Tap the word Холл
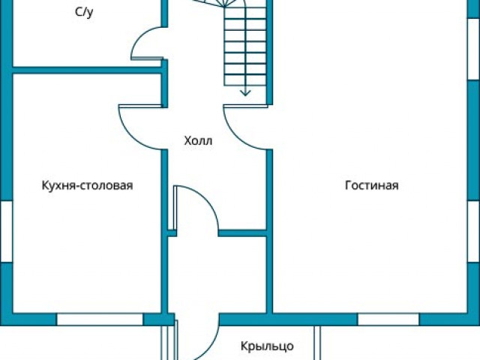pyautogui.click(x=199, y=140)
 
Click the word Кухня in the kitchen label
pyautogui.click(x=60, y=185)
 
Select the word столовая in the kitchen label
pyautogui.click(x=109, y=185)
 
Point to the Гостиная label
pyautogui.click(x=372, y=185)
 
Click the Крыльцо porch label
pyautogui.click(x=267, y=346)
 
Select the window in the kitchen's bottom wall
pyautogui.click(x=100, y=319)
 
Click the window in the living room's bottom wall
pyautogui.click(x=387, y=319)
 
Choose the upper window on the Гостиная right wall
pyautogui.click(x=474, y=46)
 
